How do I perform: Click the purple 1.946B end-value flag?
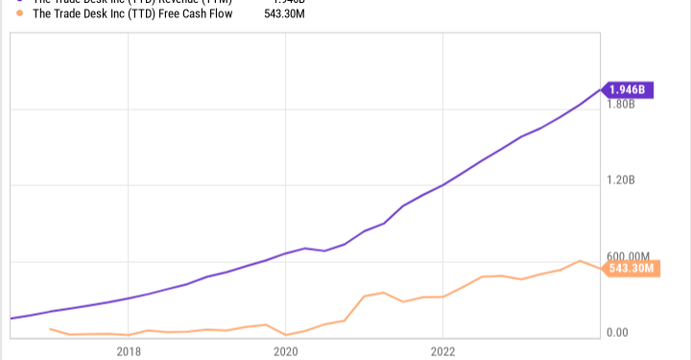click(630, 90)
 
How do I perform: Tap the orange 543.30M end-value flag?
click(630, 269)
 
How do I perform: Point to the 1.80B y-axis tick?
click(622, 104)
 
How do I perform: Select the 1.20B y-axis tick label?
click(622, 180)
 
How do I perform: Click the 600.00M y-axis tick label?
click(629, 257)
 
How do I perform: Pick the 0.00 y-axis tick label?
click(616, 333)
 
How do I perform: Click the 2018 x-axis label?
click(129, 351)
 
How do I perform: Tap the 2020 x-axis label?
click(285, 351)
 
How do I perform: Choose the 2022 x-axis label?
click(441, 351)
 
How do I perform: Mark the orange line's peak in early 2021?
click(383, 292)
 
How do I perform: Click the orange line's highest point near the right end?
click(579, 260)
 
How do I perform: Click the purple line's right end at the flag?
click(603, 90)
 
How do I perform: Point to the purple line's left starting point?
click(11, 318)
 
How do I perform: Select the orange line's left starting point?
click(50, 328)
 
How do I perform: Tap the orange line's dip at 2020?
click(285, 335)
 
